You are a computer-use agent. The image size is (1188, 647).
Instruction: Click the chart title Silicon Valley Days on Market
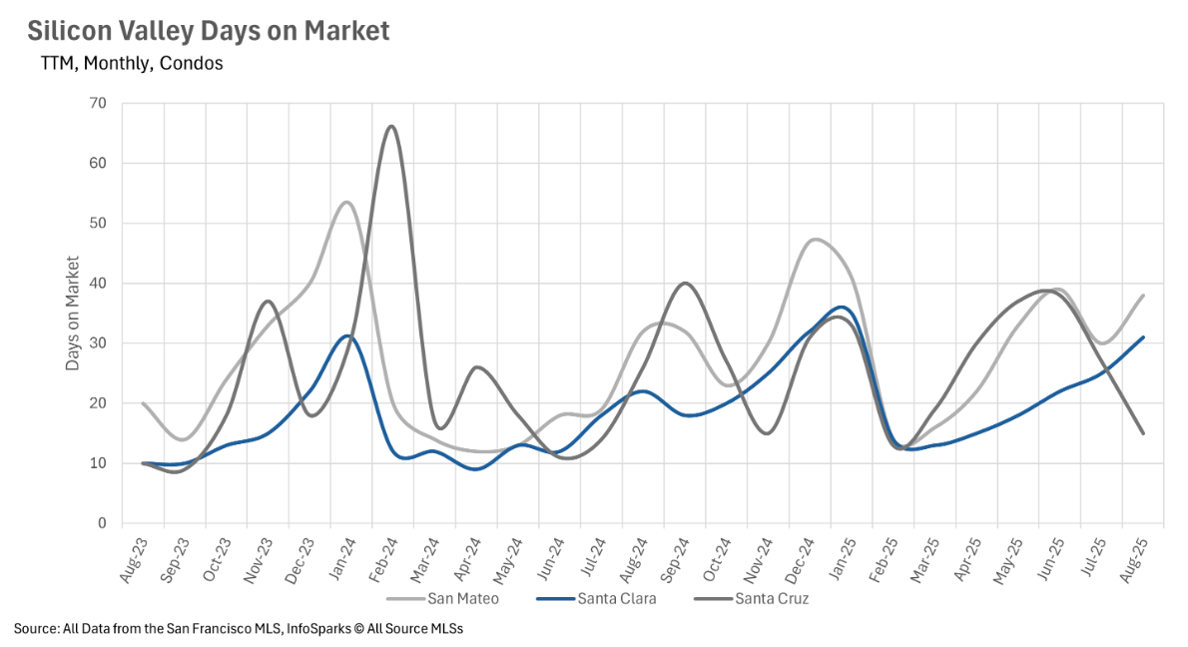click(x=208, y=31)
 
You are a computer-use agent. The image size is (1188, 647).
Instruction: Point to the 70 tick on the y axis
click(x=99, y=103)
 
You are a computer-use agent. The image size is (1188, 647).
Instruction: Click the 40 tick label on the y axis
click(x=99, y=284)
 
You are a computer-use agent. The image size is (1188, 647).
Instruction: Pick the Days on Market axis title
click(x=73, y=313)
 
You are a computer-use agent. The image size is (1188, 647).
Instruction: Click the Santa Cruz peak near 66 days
click(x=390, y=127)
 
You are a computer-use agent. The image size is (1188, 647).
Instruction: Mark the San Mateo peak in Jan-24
click(x=346, y=203)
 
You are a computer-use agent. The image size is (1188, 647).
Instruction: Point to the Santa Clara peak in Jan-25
click(x=842, y=307)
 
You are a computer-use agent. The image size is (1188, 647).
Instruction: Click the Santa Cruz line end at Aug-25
click(x=1143, y=433)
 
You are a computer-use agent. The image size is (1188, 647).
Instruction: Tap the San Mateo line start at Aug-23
click(x=144, y=403)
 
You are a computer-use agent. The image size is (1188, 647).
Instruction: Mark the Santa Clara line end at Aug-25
click(x=1143, y=337)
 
